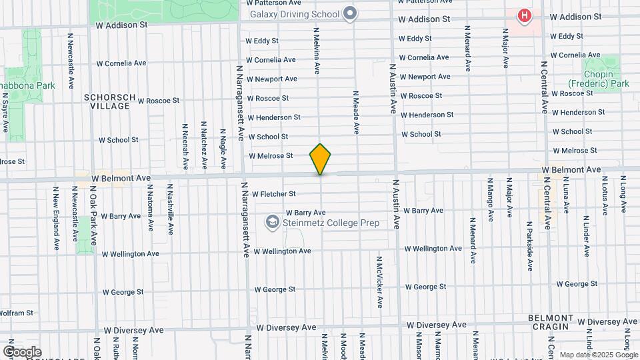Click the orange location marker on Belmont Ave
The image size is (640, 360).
point(321,159)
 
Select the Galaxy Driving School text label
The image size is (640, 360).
point(294,13)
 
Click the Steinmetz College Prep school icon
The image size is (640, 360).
point(272,221)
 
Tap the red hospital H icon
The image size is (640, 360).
point(525,15)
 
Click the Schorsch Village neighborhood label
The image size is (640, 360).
point(107,101)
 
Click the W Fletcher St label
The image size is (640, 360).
point(273,194)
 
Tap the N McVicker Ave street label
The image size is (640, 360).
point(379,282)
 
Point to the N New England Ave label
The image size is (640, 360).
point(56,219)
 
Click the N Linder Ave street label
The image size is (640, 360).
point(586,236)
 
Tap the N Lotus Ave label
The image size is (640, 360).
point(605,195)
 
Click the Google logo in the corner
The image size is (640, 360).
point(22,352)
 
